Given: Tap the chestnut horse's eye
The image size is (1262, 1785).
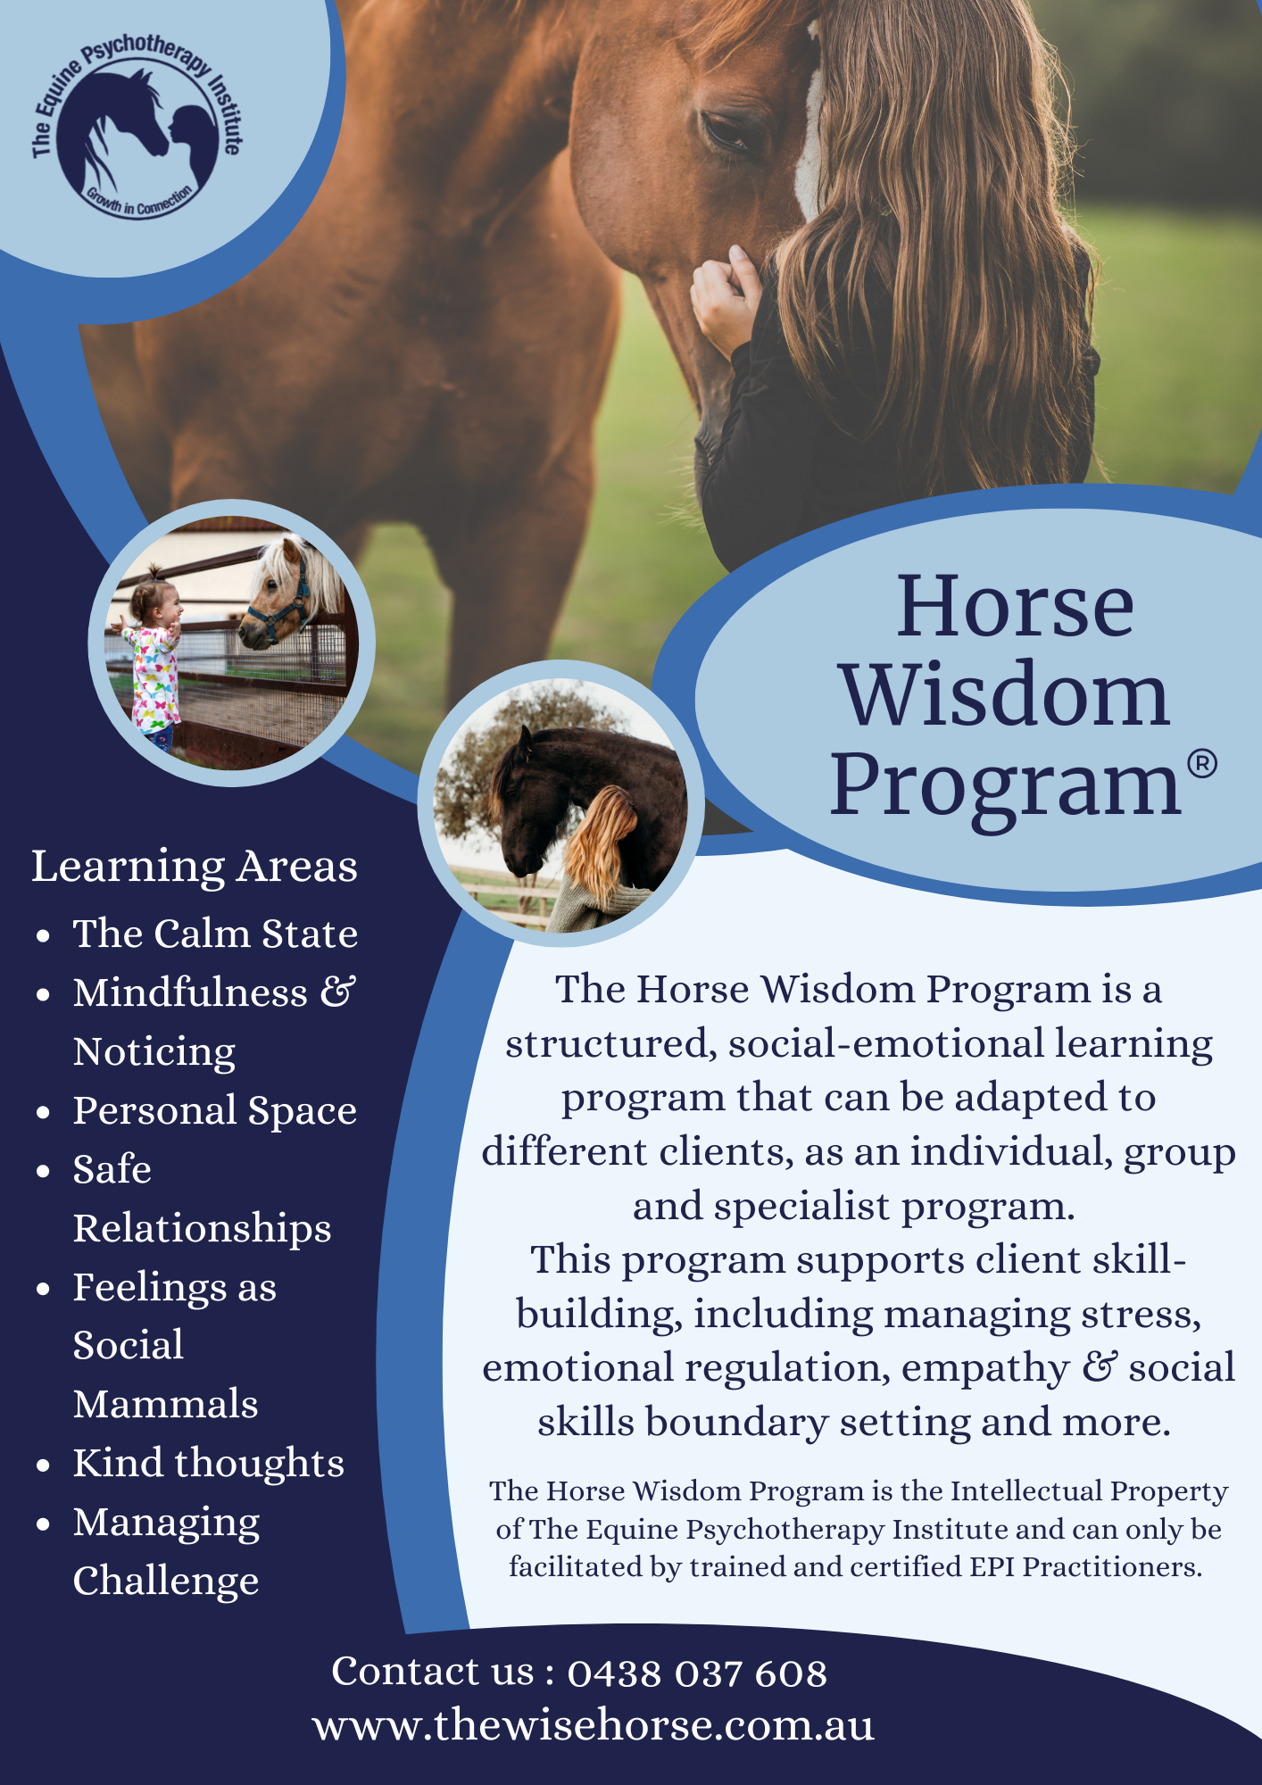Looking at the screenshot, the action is [727, 132].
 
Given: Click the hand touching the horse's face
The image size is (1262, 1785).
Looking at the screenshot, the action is [726, 300].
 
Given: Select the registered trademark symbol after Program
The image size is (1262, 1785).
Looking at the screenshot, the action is [1202, 764].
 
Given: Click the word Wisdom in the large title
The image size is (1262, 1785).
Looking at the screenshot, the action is [1005, 696].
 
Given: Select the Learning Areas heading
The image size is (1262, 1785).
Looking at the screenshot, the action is [195, 867].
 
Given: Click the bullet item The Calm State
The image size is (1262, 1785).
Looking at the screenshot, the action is [215, 934].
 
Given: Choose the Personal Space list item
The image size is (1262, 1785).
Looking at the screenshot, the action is [215, 1111].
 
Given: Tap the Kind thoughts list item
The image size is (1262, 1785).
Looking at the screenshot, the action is [209, 1464].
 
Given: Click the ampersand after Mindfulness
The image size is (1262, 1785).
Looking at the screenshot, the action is [339, 992].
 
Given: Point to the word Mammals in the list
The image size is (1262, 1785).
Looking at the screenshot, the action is [166, 1405].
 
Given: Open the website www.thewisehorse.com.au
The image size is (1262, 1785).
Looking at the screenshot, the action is [594, 1726].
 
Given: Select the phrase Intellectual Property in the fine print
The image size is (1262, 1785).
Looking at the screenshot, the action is [1089, 1491].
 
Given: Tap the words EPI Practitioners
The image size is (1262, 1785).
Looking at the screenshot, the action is [1112, 1567].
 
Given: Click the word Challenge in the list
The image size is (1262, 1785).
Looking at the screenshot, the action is [166, 1582].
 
